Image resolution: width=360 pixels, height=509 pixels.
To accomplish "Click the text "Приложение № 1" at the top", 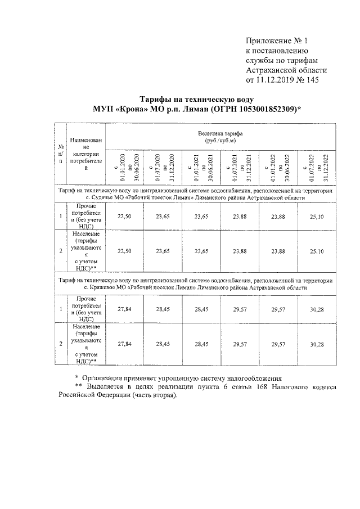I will (x=277, y=40).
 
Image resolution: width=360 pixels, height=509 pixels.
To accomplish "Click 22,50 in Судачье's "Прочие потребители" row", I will (x=124, y=215).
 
